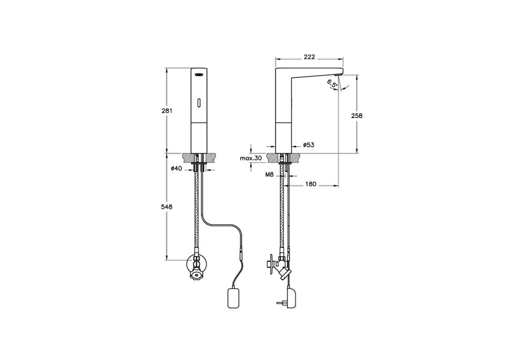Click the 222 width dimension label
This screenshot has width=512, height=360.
(309, 57)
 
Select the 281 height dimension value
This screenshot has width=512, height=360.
(167, 111)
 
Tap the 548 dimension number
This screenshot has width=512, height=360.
(167, 207)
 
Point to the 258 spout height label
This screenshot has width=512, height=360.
(357, 116)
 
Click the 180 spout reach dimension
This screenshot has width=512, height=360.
(311, 184)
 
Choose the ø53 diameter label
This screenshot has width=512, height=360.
(308, 145)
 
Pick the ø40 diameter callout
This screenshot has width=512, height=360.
(176, 168)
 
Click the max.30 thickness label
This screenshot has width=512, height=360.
(251, 158)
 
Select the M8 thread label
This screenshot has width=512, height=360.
(269, 175)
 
